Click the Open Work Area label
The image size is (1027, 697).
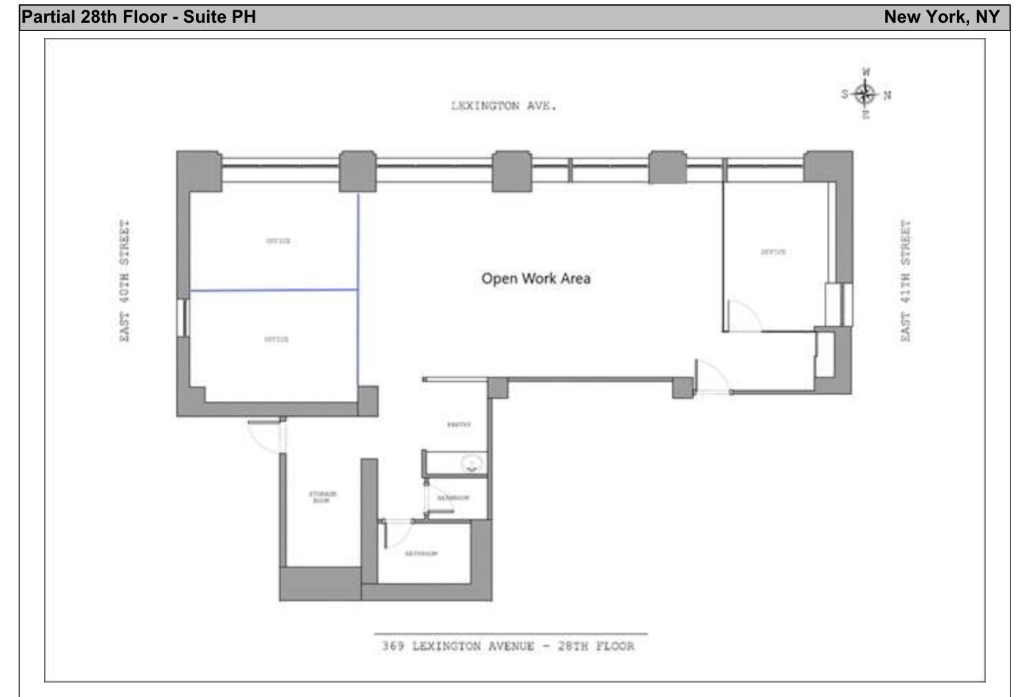536,278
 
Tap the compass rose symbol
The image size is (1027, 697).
866,94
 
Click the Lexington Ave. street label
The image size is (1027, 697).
503,106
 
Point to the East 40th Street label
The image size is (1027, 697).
125,281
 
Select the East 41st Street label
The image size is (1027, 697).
905,281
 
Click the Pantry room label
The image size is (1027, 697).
459,425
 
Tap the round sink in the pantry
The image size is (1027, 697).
472,464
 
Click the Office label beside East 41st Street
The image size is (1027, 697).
773,252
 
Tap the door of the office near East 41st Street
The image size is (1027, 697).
743,316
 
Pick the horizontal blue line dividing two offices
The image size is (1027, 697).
274,290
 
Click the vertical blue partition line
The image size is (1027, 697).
358,289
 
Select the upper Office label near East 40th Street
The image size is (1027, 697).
278,241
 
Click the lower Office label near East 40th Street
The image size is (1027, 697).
277,340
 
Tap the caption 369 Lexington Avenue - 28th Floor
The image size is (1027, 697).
509,646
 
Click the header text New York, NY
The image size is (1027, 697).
941,17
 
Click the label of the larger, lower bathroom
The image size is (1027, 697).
421,553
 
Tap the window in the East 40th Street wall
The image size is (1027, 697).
182,317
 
